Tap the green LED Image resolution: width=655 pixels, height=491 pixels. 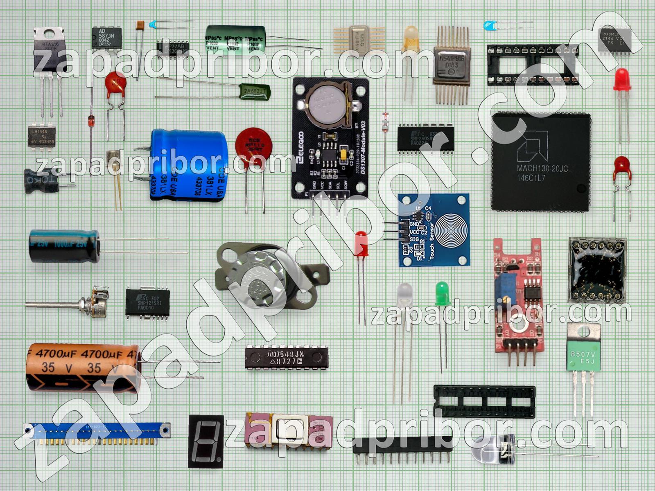click(x=441, y=293)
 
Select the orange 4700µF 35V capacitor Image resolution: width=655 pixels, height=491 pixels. click(x=82, y=367)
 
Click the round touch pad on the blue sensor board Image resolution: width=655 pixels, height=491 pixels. click(x=452, y=230)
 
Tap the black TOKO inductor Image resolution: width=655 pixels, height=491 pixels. click(x=41, y=181)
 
